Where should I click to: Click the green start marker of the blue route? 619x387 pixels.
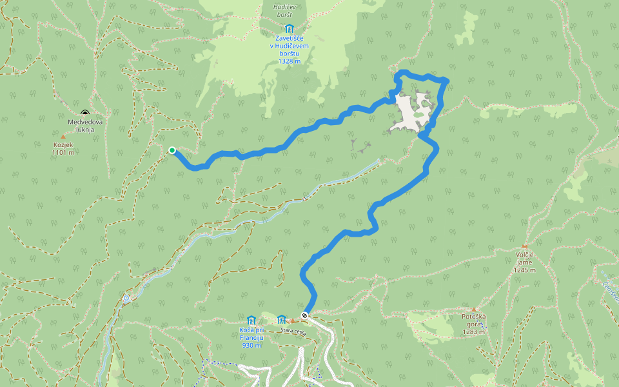coord(172,150)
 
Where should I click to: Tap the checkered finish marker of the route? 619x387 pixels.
coord(304,315)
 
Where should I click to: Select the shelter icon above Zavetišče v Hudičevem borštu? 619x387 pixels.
coord(289,29)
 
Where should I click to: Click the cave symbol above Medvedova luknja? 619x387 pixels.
coord(84,114)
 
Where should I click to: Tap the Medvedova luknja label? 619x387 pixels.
coord(85,125)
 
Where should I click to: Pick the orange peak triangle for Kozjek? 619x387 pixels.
coord(63,137)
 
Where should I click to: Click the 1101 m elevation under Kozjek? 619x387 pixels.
coord(63,153)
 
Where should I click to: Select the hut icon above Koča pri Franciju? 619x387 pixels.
coord(251,320)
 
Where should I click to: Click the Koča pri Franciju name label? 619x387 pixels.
coord(251,334)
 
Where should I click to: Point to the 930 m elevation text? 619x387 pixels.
coord(251,345)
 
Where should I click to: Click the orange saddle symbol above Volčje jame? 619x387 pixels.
coord(525,246)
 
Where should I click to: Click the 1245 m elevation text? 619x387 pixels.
coord(525,270)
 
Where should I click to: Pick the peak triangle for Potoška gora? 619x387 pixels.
coord(475,310)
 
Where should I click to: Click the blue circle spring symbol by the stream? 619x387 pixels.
coord(126,298)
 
